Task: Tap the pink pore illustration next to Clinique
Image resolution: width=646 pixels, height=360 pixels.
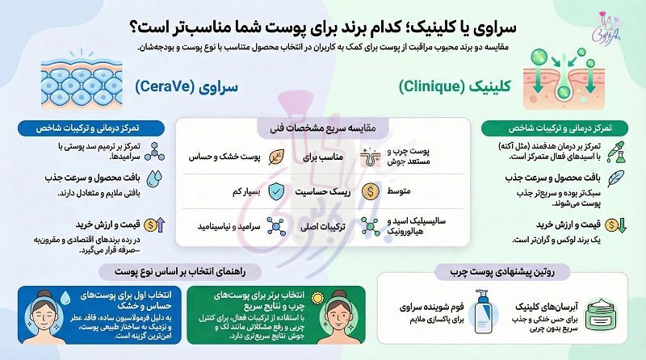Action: (x=563, y=78)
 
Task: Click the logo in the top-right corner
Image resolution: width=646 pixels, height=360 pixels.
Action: (x=606, y=28)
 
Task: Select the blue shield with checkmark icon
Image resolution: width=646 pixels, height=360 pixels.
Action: (x=276, y=191)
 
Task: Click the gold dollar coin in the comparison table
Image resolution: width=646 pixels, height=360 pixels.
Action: (x=371, y=191)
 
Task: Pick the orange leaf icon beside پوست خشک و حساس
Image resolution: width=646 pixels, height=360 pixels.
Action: (x=276, y=157)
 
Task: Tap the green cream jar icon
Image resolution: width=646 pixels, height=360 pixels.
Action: (x=602, y=315)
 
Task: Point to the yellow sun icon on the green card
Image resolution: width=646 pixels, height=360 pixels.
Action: (x=317, y=298)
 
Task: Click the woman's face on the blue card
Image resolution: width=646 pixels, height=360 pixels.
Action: (x=44, y=317)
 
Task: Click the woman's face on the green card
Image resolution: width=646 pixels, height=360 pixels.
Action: (x=338, y=317)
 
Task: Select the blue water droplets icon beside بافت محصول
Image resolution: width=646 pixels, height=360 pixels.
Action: (x=154, y=178)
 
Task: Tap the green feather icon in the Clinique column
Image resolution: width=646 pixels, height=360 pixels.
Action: (x=615, y=178)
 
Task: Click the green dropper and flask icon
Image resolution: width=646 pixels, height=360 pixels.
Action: (x=616, y=152)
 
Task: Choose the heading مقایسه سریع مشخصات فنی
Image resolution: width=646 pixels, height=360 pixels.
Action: (x=322, y=128)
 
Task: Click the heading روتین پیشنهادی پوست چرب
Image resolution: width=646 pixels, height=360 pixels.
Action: (x=502, y=272)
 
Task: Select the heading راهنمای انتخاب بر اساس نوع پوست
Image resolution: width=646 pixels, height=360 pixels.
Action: (x=180, y=272)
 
